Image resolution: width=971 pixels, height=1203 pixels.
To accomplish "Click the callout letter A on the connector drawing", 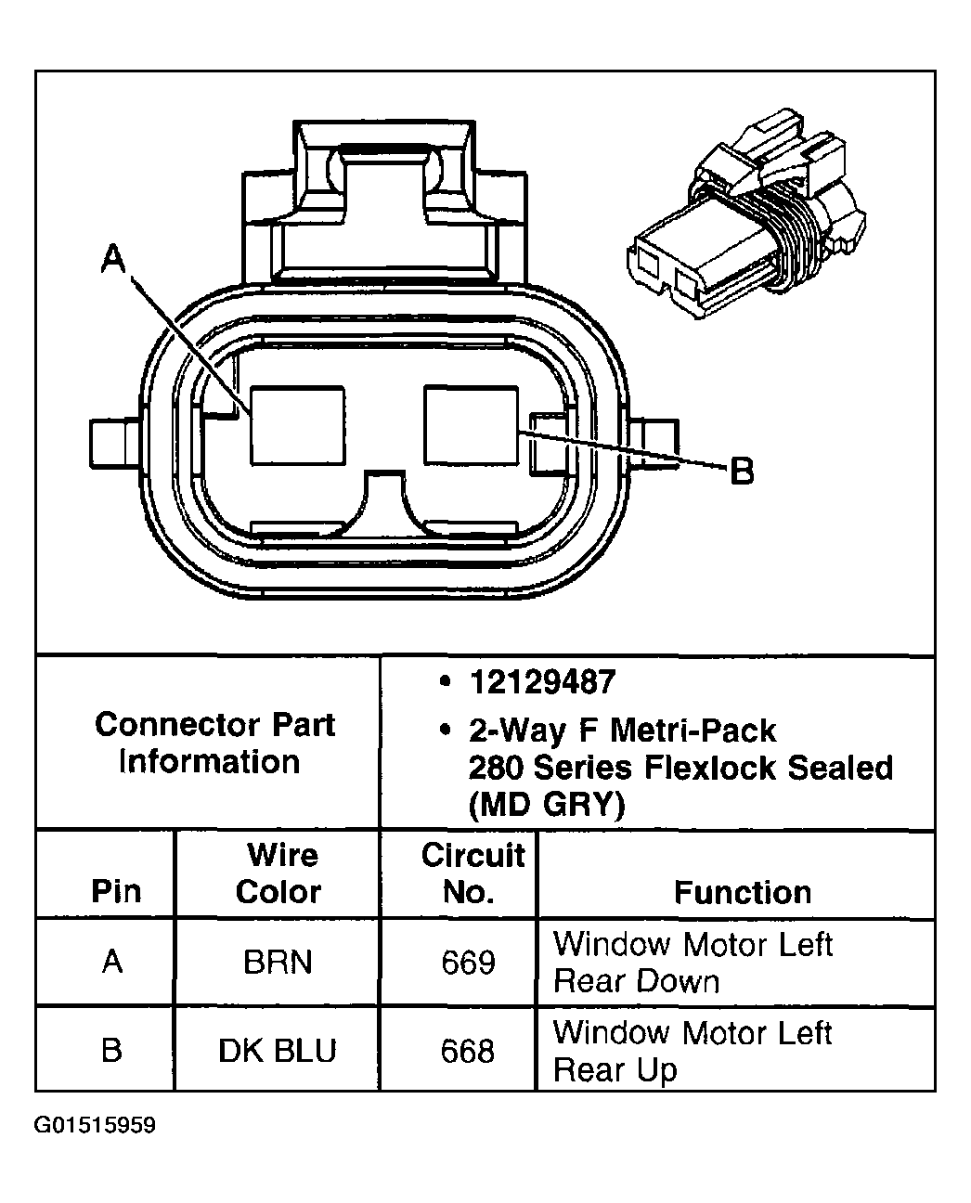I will tap(113, 260).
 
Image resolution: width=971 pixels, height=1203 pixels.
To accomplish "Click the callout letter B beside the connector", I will tap(742, 472).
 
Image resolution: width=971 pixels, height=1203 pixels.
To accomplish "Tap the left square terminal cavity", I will tap(297, 425).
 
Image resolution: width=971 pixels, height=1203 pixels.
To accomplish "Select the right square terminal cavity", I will tap(471, 425).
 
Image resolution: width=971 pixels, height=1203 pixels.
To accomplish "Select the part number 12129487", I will tap(542, 683).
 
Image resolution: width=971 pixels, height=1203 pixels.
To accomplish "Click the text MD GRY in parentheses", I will tap(546, 804).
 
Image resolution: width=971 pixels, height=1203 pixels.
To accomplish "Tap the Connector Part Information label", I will tap(214, 743).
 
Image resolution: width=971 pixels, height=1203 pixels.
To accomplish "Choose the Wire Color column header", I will tap(278, 873).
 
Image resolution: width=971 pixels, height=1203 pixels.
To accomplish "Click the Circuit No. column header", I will tap(472, 873).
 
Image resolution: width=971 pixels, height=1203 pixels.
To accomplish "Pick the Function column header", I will tap(742, 892).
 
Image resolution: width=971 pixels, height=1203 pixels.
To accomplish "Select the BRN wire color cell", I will tap(278, 963).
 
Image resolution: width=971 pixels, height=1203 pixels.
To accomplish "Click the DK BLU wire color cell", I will tap(278, 1051).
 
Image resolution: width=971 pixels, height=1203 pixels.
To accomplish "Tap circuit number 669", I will tap(468, 963).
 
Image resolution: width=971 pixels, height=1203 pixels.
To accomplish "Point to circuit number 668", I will tap(468, 1051).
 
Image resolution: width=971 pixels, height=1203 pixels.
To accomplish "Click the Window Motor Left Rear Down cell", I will tap(692, 963).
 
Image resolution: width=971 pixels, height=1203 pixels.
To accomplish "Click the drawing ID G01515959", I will tap(95, 1126).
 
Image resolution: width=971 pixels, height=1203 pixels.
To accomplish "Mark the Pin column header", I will tap(116, 892).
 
